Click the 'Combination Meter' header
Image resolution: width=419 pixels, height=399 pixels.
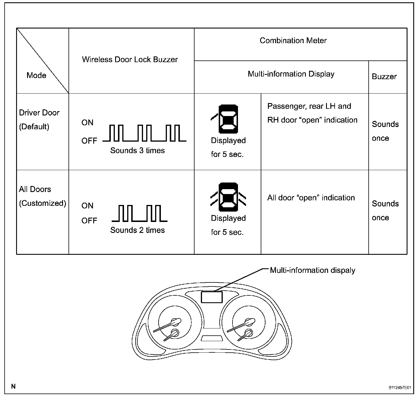point(293,41)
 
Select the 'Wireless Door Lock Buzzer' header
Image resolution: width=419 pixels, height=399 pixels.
point(130,60)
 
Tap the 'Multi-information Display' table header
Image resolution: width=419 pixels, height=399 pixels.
point(291,74)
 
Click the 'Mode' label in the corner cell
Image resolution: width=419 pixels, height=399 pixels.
point(36,75)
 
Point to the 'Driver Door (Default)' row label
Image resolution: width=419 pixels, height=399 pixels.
point(39,119)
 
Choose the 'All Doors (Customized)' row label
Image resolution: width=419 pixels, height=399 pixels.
point(42,196)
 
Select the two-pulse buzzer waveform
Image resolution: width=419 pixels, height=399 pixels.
point(140,213)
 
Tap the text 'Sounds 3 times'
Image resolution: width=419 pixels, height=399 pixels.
point(137,151)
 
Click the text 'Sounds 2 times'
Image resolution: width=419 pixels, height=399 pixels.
point(137,230)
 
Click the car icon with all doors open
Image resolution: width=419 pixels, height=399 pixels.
point(228,197)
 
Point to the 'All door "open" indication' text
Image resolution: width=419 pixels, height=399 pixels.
point(311,198)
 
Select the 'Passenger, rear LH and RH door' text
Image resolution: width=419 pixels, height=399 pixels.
point(312,113)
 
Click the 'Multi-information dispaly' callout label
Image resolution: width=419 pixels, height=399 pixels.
point(312,270)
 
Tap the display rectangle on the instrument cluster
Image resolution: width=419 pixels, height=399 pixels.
point(212,297)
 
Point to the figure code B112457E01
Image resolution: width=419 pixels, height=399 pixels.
point(400,388)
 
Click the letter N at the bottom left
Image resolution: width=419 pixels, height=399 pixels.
point(13,386)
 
